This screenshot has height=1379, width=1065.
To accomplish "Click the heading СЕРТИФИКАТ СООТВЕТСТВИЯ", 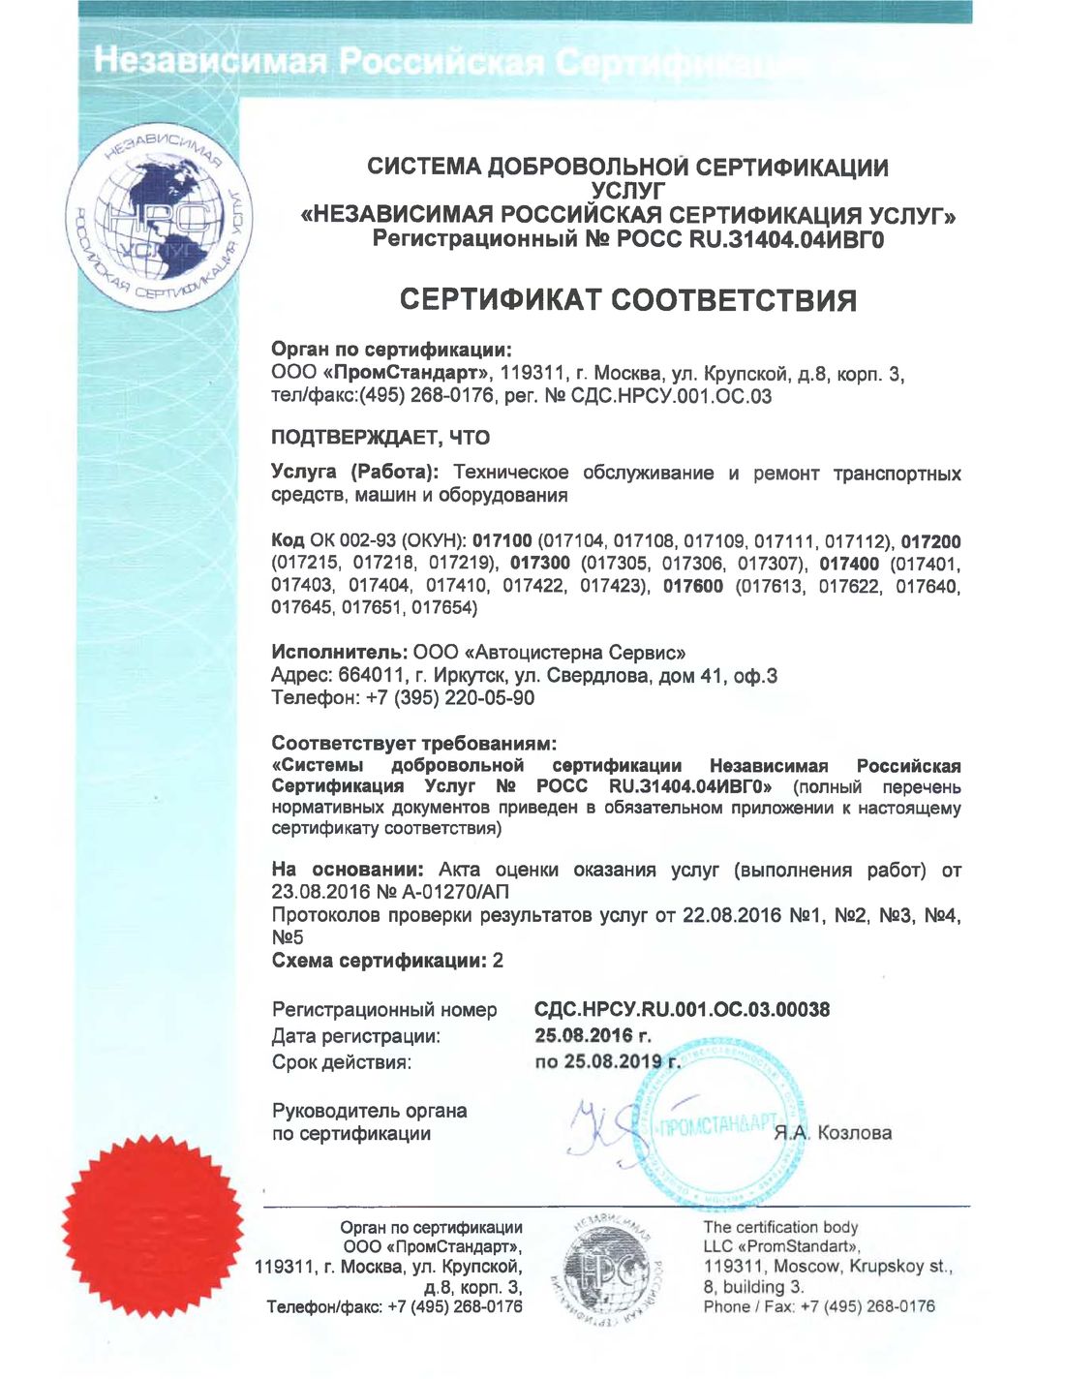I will [x=628, y=299].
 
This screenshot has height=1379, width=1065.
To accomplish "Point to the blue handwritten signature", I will [x=605, y=1128].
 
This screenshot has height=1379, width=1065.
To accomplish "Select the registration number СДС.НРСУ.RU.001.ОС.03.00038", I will [x=682, y=1009].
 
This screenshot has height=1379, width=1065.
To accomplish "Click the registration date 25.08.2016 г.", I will [x=593, y=1035].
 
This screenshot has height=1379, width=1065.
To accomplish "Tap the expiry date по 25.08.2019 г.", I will [x=607, y=1061].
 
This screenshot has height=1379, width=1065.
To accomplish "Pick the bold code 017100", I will [x=502, y=541].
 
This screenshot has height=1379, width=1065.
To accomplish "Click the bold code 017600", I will [x=692, y=586].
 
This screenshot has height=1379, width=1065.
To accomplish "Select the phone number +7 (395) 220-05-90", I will [x=450, y=697].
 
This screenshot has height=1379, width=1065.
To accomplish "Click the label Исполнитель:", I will [x=338, y=653].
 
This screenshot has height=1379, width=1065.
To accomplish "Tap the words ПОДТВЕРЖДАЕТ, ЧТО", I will [x=380, y=437].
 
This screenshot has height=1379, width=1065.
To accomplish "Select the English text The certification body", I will [x=780, y=1227].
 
